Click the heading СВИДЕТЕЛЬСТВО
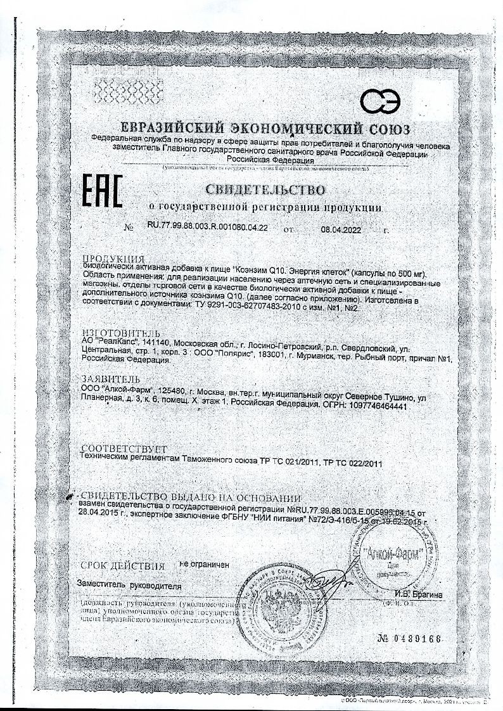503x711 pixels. [265, 189]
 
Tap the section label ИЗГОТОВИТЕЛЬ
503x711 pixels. [118, 333]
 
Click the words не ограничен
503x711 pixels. [204, 563]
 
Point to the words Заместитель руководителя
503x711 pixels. [129, 584]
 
